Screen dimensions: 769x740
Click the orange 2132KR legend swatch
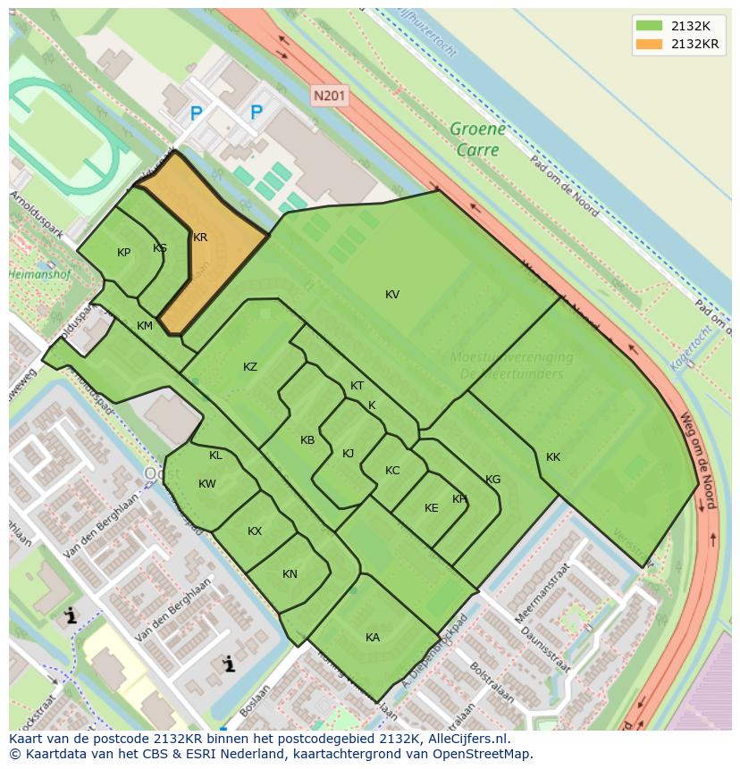click(650, 44)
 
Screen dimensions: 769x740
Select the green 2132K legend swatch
click(650, 26)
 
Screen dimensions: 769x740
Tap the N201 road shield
click(330, 95)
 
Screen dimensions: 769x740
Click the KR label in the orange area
click(200, 238)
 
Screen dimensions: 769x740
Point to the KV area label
click(392, 295)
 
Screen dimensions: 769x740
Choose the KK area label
click(553, 457)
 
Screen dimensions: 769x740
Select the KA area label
click(373, 637)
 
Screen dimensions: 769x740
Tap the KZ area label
click(250, 367)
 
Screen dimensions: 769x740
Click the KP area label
click(124, 253)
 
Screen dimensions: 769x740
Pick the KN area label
click(290, 574)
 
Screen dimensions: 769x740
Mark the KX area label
click(255, 531)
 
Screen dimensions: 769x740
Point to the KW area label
click(207, 484)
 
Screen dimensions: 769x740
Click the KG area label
click(493, 480)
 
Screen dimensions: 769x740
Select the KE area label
click(432, 508)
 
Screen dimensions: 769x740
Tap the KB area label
click(307, 440)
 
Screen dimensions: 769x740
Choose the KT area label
click(357, 386)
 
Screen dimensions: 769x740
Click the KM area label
click(145, 326)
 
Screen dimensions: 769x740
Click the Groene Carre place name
click(477, 139)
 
